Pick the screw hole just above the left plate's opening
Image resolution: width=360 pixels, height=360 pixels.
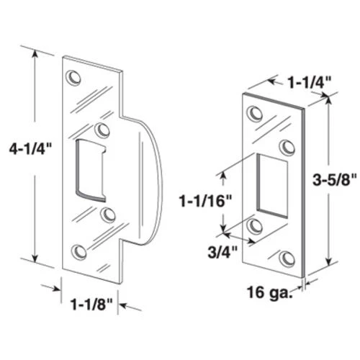(x=103, y=130)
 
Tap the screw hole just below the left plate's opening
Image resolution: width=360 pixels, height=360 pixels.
(x=108, y=214)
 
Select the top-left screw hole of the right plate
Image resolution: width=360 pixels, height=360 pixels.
(x=253, y=113)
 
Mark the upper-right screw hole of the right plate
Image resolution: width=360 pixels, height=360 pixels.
(x=287, y=147)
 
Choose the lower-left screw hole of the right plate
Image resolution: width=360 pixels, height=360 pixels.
(x=255, y=225)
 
